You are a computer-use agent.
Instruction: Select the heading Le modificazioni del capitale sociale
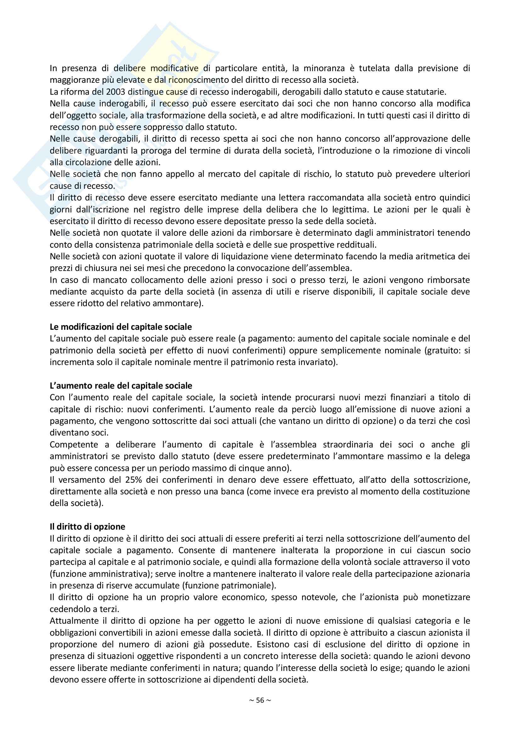[x=121, y=327]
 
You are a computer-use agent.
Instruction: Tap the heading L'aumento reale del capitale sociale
[x=121, y=386]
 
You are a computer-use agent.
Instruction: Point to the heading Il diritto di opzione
[x=87, y=527]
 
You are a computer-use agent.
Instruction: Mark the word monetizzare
[x=446, y=597]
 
